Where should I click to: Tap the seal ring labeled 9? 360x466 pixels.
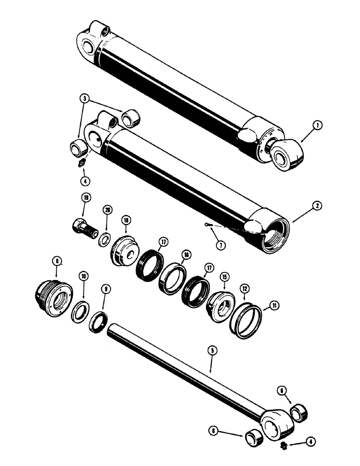(99, 322)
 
